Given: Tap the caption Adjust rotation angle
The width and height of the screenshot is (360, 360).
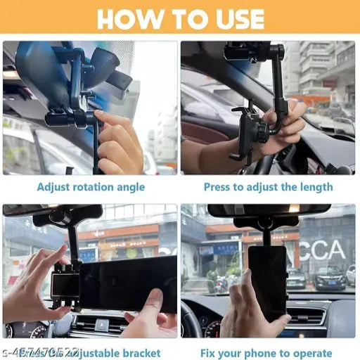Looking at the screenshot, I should (91, 187).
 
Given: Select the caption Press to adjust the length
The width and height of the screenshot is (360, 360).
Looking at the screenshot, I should (269, 187).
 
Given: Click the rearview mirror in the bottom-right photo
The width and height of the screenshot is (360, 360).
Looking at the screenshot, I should (269, 211).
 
